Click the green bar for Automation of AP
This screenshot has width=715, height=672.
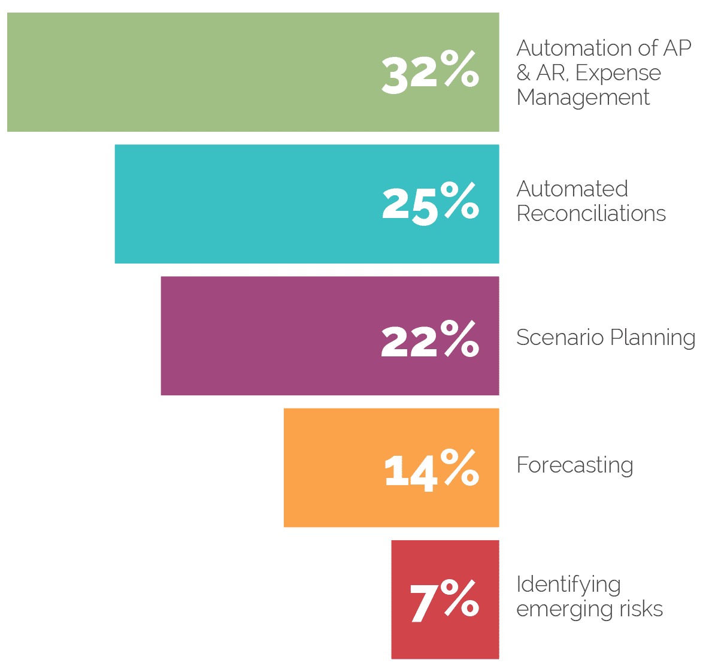192,72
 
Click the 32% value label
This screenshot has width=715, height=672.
430,73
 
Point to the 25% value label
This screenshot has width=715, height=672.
430,204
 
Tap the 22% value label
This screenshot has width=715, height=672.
430,339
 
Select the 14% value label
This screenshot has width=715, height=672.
431,470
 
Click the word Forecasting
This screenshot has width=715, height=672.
574,465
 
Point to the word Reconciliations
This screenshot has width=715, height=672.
591,213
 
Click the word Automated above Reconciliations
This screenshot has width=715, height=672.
572,189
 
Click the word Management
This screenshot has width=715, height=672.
583,98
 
